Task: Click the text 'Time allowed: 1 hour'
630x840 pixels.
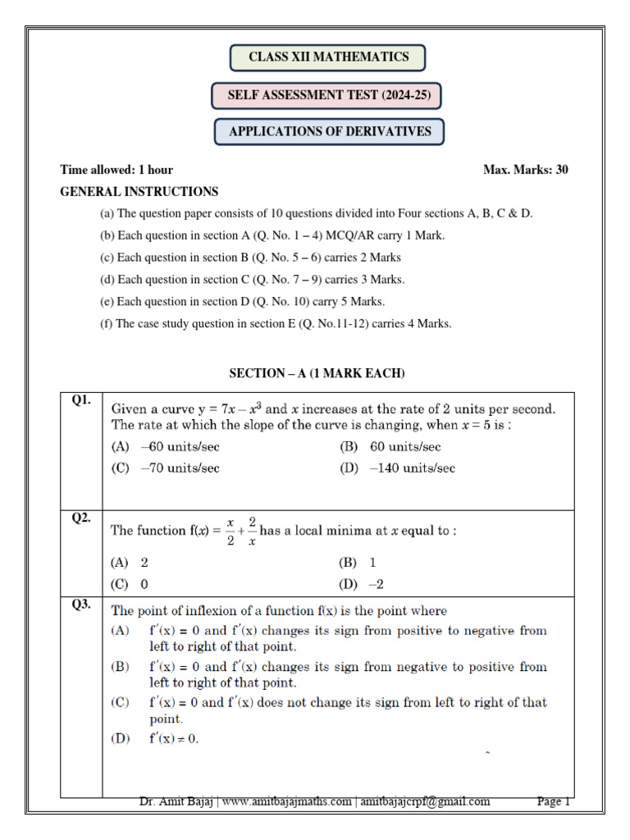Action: pos(116,170)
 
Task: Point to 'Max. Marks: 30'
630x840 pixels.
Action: pos(526,170)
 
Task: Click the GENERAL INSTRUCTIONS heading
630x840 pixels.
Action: pos(139,192)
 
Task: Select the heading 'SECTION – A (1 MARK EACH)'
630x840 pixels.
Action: pos(317,373)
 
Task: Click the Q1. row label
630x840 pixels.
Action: pos(80,400)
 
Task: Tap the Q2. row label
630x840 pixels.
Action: pos(80,518)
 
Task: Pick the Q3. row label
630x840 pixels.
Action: pos(80,605)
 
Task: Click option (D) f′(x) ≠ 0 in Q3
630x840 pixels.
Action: pos(155,738)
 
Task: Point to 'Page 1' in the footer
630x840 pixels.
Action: pos(553,801)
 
